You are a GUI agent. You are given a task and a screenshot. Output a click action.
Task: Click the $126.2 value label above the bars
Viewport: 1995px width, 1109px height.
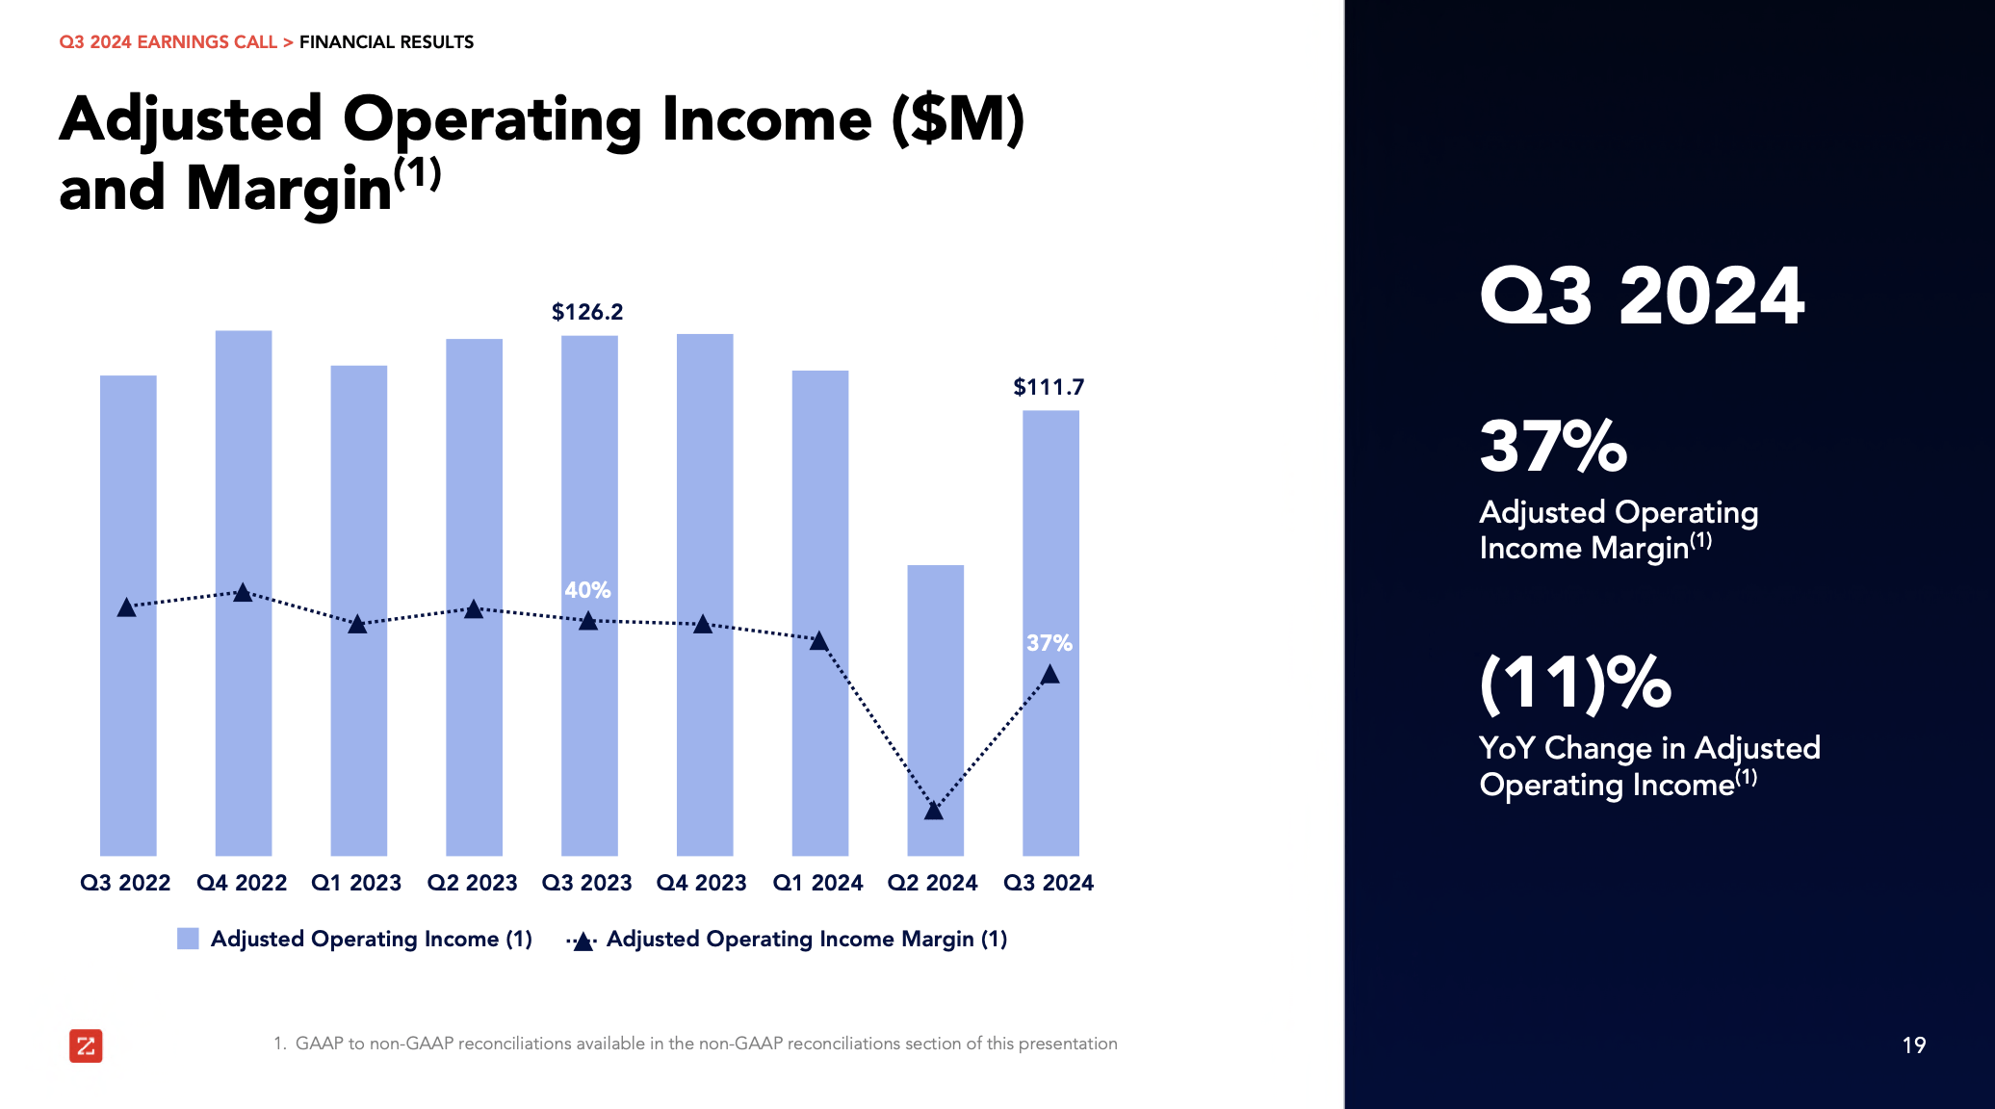click(x=586, y=312)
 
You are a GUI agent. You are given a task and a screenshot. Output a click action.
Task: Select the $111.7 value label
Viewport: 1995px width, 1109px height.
click(x=1048, y=387)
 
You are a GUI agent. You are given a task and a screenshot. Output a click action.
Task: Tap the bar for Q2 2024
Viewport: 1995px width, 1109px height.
click(x=935, y=674)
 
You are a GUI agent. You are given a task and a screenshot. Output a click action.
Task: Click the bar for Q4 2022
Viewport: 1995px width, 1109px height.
click(x=244, y=462)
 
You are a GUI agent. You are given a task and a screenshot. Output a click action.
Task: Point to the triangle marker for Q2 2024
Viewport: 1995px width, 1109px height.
click(x=934, y=811)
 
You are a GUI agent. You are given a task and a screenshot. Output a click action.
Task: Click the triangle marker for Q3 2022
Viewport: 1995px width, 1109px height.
click(x=126, y=607)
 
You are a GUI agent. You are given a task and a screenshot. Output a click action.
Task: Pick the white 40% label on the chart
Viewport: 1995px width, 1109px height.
click(x=587, y=590)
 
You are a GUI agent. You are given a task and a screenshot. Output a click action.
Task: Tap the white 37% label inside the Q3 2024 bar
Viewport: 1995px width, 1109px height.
click(x=1049, y=643)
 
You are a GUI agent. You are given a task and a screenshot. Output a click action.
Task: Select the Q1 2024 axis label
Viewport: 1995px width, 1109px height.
click(x=817, y=883)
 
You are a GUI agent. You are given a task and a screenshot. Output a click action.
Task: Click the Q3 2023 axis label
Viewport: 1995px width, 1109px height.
click(x=586, y=883)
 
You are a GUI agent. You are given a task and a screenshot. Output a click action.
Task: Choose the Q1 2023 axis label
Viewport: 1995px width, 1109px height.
click(x=356, y=883)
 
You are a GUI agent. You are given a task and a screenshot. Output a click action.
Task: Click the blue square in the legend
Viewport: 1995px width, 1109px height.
click(x=188, y=939)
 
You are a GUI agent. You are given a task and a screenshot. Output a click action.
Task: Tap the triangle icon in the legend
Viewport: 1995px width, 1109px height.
click(x=583, y=941)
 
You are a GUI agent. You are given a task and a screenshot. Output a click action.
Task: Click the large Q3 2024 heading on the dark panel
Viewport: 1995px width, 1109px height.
click(x=1642, y=296)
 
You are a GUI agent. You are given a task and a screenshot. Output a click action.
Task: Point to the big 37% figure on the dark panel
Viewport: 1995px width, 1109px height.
click(x=1553, y=447)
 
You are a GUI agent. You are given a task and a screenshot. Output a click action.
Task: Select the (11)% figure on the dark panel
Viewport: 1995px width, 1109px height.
click(x=1575, y=683)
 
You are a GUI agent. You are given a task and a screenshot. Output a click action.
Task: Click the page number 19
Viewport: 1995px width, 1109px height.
click(x=1913, y=1045)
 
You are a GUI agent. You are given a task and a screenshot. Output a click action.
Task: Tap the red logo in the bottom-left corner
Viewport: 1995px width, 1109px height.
click(x=86, y=1045)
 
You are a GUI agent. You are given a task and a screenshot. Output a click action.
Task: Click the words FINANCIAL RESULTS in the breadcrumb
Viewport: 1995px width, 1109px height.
click(x=386, y=42)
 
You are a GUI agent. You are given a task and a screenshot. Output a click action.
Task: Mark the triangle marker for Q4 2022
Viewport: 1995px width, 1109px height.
click(x=244, y=593)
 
